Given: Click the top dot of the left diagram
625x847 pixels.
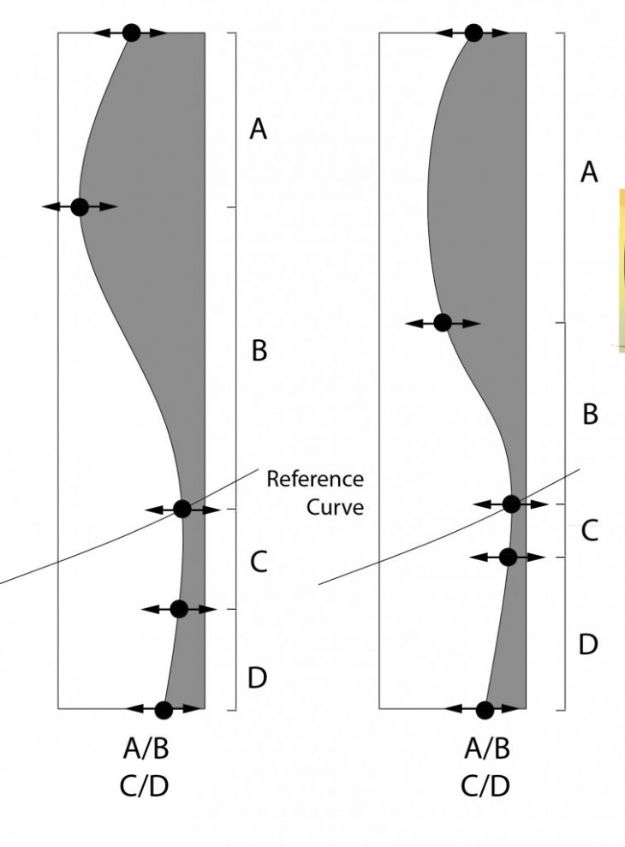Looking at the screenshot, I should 131,33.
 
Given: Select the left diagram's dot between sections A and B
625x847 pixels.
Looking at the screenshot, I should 80,206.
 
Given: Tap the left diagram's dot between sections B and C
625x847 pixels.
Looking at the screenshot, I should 182,509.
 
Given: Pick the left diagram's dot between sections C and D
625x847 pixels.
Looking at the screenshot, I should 178,609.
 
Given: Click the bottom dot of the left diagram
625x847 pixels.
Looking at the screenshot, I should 164,709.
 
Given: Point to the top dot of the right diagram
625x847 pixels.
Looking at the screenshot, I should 473,33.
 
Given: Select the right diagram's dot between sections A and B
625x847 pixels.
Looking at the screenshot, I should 443,323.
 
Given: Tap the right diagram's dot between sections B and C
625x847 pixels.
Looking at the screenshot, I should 511,504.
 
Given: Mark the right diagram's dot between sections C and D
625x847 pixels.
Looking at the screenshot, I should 508,557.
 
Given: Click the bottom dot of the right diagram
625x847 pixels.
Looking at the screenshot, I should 485,709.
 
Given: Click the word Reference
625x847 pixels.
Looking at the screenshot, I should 314,479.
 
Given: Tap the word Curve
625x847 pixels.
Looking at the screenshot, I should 335,507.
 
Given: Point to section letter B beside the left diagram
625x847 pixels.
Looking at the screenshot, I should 259,350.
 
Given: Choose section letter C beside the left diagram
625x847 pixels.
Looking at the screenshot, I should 259,562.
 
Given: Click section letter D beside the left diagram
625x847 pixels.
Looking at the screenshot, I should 258,679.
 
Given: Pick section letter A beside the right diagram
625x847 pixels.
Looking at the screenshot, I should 589,173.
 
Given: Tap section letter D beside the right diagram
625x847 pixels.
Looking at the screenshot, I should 588,644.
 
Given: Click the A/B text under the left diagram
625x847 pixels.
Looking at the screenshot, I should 146,750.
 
